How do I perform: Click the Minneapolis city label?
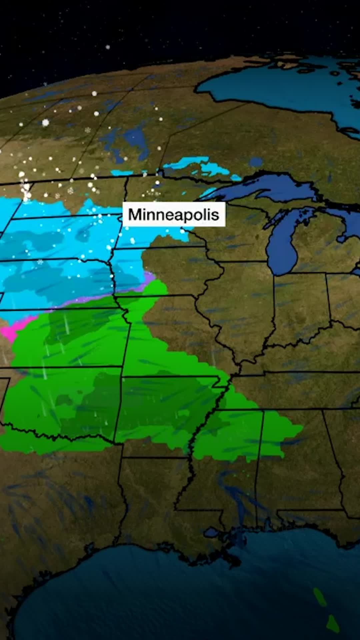coord(174,215)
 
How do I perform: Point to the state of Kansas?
coord(67,337)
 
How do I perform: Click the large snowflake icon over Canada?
coord(45,123)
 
